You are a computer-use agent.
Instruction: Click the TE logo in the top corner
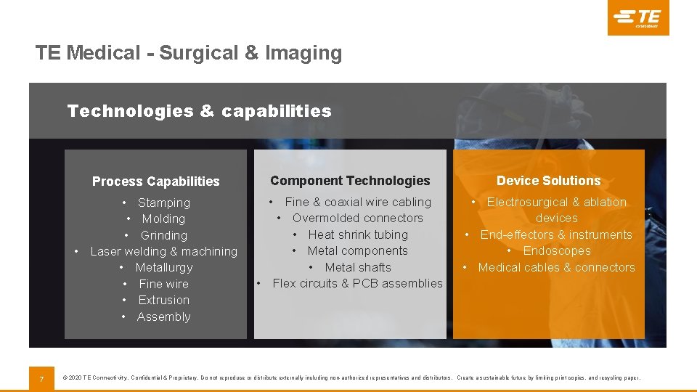[x=638, y=17]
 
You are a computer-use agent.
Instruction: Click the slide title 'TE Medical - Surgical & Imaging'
[x=189, y=53]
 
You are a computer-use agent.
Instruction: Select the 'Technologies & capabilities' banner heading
[x=199, y=111]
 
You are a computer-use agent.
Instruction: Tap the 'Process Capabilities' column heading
[x=155, y=181]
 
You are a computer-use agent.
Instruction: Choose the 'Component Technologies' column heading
[x=350, y=181]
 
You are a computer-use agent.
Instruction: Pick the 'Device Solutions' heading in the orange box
[x=548, y=181]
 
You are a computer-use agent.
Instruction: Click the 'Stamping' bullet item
[x=163, y=203]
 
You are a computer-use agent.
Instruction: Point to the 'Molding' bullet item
[x=163, y=219]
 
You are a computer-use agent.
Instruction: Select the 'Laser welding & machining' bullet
[x=163, y=252]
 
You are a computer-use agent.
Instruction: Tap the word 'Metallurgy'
[x=163, y=268]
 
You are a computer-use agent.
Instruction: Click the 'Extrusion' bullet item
[x=163, y=301]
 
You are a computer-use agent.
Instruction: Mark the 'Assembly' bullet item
[x=163, y=317]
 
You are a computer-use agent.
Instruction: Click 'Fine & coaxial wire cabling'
[x=357, y=203]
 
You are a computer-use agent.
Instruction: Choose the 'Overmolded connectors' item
[x=357, y=219]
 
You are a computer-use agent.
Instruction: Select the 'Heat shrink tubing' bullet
[x=357, y=235]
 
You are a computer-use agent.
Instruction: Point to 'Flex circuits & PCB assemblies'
[x=357, y=284]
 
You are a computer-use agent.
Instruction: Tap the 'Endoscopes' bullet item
[x=556, y=251]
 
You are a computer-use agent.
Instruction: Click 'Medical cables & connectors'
[x=556, y=268]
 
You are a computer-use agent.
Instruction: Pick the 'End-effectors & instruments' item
[x=556, y=235]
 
